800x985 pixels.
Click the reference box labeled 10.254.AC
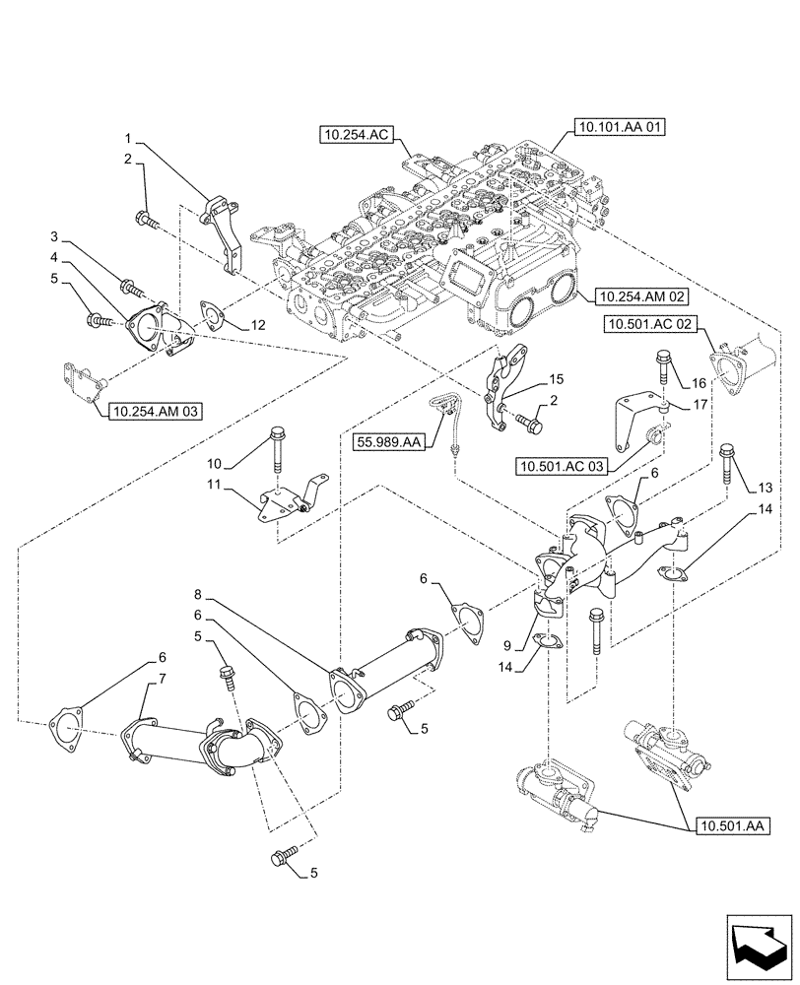pyautogui.click(x=358, y=135)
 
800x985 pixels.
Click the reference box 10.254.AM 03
pyautogui.click(x=154, y=411)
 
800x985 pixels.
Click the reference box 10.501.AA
pyautogui.click(x=731, y=825)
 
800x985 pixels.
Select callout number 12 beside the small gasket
pyautogui.click(x=257, y=325)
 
